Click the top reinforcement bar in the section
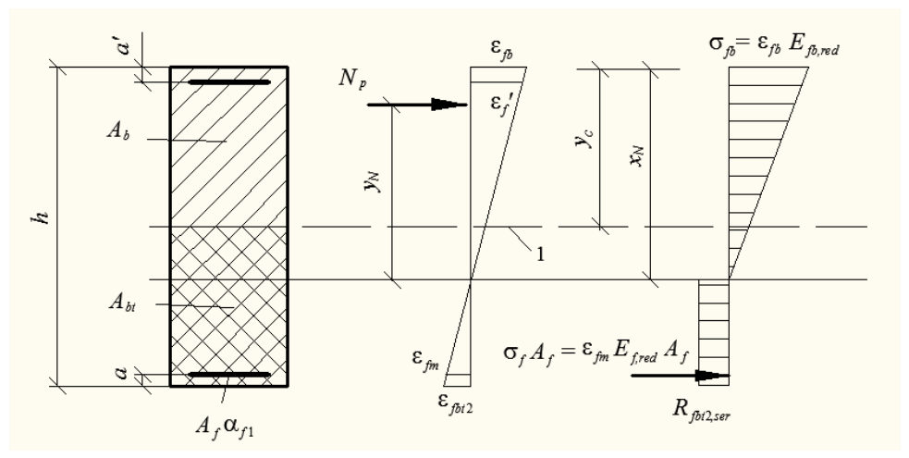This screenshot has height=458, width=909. pyautogui.click(x=229, y=82)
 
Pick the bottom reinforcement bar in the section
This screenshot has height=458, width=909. pyautogui.click(x=229, y=375)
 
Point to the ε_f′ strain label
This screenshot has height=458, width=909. pyautogui.click(x=497, y=105)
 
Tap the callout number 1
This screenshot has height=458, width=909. pyautogui.click(x=540, y=254)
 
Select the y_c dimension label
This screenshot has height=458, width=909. pyautogui.click(x=585, y=139)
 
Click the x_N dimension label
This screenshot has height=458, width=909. pyautogui.click(x=637, y=156)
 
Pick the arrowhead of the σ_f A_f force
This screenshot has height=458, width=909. pyautogui.click(x=712, y=376)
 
